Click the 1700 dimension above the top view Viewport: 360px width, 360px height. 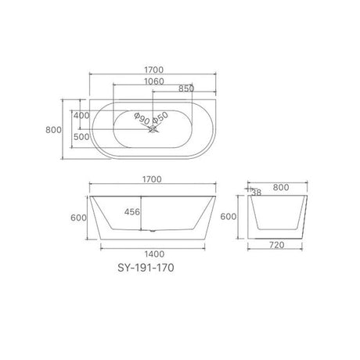point(153,70)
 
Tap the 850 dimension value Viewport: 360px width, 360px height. point(186,89)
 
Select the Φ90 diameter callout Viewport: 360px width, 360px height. point(142,117)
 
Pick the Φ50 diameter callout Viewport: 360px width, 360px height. point(160,117)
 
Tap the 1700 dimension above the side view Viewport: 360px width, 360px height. point(153,179)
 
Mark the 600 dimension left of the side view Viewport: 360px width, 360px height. point(77,218)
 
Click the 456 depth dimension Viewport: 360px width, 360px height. point(134,212)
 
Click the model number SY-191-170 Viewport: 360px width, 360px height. point(135,266)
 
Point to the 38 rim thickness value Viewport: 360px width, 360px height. point(257,192)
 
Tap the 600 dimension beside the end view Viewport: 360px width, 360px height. point(227,217)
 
